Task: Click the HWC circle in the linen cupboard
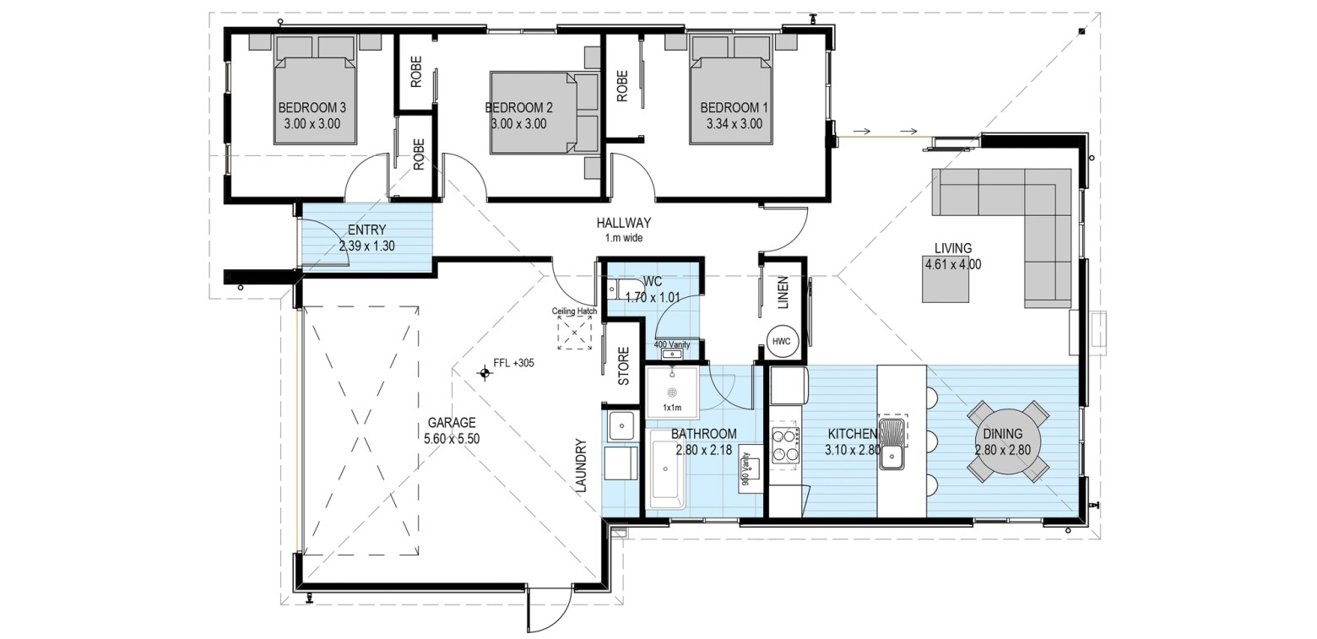(x=782, y=342)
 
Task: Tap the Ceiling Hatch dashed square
(x=574, y=333)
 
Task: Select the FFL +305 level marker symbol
(x=485, y=373)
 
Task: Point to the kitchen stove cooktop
(x=785, y=445)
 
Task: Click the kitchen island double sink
(x=893, y=444)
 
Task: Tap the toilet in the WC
(x=618, y=290)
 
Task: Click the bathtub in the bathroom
(x=667, y=468)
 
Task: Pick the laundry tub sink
(x=621, y=425)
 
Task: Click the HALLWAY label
(x=623, y=223)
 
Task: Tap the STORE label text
(x=624, y=366)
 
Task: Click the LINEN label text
(x=783, y=293)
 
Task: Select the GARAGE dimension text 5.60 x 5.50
(x=451, y=439)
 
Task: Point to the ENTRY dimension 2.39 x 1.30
(x=366, y=246)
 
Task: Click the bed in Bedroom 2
(x=544, y=113)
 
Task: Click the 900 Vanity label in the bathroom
(x=745, y=468)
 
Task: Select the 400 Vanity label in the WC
(x=672, y=344)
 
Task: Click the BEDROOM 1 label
(x=734, y=108)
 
